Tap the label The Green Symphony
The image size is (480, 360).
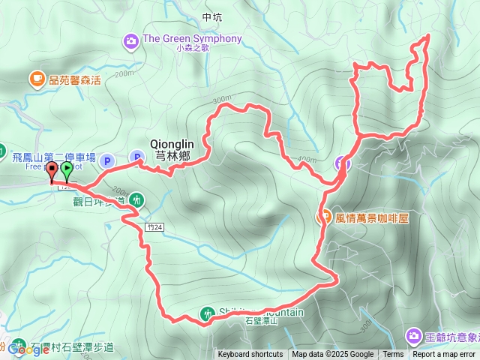[192, 39]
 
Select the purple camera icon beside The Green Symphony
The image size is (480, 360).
[132, 40]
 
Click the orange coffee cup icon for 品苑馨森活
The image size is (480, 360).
[36, 78]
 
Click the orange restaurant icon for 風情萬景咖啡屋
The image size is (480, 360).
[326, 217]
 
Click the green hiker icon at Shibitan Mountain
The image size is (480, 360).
[207, 313]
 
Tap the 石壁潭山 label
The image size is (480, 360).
[261, 321]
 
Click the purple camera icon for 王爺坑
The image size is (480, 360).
[413, 334]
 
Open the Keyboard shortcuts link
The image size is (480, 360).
[250, 355]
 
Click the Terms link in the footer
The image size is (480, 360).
[393, 355]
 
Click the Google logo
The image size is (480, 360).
[28, 349]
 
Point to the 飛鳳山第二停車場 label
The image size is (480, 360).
[54, 157]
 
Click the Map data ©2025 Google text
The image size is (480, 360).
[333, 355]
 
